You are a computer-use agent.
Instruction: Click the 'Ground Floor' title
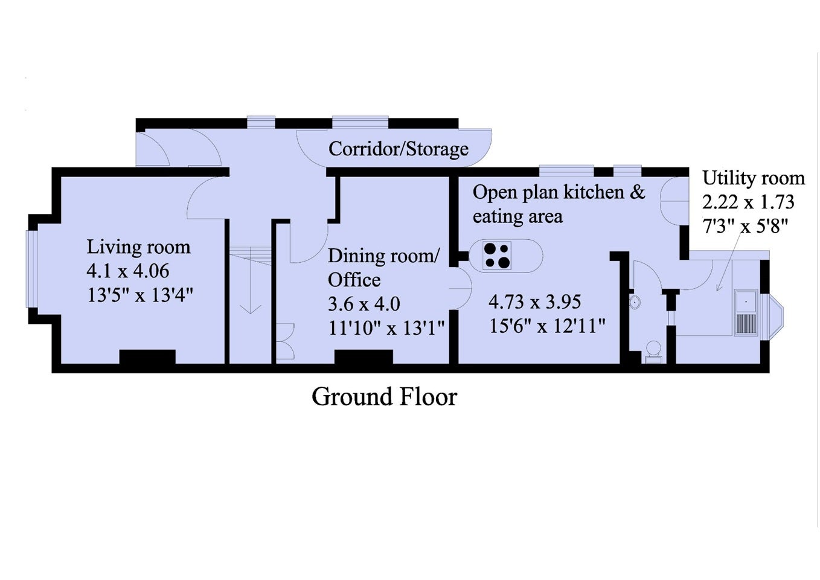coord(385,397)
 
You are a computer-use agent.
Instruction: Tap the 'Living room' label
coord(138,246)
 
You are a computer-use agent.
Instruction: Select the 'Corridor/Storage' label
coord(399,149)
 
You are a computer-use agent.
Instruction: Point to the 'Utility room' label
coord(754,178)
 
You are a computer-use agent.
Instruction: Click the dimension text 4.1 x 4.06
coord(128,271)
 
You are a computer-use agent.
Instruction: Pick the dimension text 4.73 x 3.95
coord(535,302)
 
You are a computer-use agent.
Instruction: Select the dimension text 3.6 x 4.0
coord(364,304)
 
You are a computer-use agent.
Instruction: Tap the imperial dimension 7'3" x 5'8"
coord(745,226)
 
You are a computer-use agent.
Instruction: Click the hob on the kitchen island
coord(497,256)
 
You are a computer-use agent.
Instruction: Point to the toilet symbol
coord(653,352)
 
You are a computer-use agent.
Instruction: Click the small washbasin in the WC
coord(635,302)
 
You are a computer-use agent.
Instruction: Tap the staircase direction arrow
coord(251,280)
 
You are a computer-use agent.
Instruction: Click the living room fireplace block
coord(147,356)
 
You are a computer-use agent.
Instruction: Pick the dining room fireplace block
coord(364,356)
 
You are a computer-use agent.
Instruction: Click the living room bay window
coord(32,269)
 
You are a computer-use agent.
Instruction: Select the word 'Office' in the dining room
coord(354,280)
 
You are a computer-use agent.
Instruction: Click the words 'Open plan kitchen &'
coord(559,192)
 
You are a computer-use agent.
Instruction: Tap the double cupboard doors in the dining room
coord(285,341)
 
